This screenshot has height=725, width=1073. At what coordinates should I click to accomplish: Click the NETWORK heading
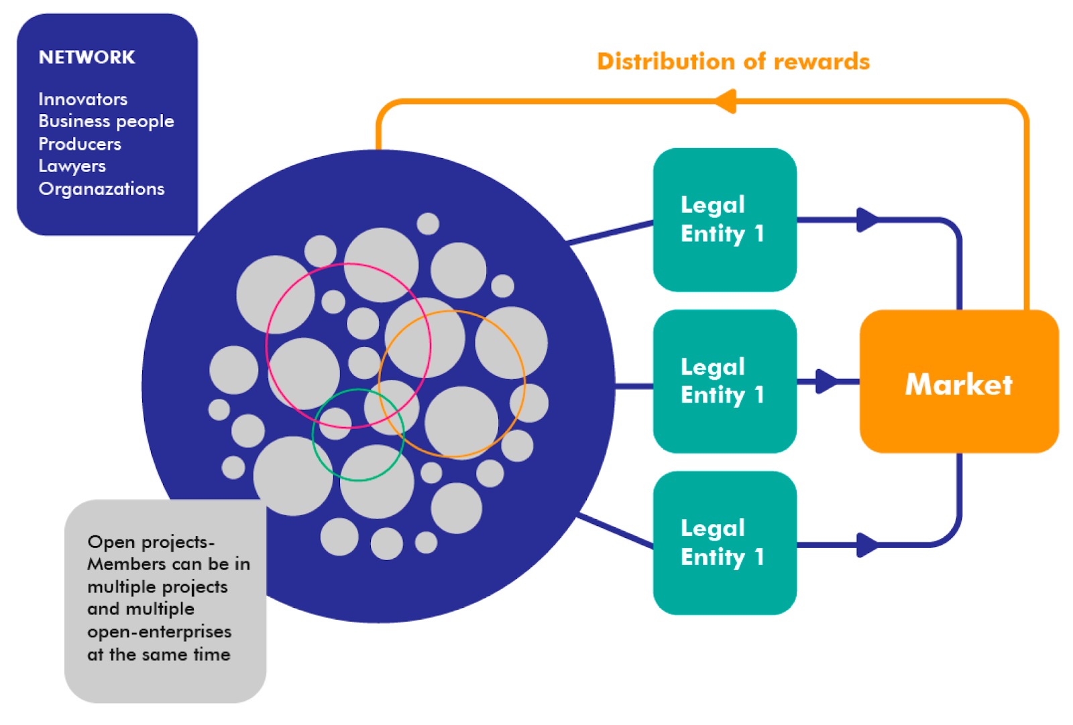click(87, 58)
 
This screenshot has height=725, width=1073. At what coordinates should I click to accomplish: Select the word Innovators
click(82, 99)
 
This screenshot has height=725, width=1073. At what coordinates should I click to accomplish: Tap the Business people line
click(106, 121)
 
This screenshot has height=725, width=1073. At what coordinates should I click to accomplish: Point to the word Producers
click(80, 144)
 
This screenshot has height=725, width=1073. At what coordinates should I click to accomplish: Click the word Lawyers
click(72, 166)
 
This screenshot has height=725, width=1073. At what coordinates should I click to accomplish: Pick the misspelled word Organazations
click(101, 189)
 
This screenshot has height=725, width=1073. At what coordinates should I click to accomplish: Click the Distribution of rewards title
click(733, 62)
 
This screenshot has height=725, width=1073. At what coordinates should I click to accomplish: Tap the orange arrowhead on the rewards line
click(725, 102)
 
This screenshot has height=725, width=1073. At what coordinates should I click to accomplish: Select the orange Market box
click(958, 381)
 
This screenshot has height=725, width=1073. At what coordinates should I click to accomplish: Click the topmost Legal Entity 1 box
click(724, 220)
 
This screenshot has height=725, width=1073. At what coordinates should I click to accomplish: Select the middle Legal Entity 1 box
click(724, 381)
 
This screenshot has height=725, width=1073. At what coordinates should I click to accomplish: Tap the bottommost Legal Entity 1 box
click(724, 543)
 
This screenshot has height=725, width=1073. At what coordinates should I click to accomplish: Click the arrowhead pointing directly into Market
click(826, 381)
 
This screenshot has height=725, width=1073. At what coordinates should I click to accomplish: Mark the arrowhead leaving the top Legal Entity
click(866, 220)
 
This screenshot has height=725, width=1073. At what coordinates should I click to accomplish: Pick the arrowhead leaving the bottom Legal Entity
click(866, 545)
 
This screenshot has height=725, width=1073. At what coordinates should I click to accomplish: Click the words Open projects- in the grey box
click(151, 542)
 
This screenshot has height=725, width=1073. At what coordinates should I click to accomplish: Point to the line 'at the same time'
click(159, 655)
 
